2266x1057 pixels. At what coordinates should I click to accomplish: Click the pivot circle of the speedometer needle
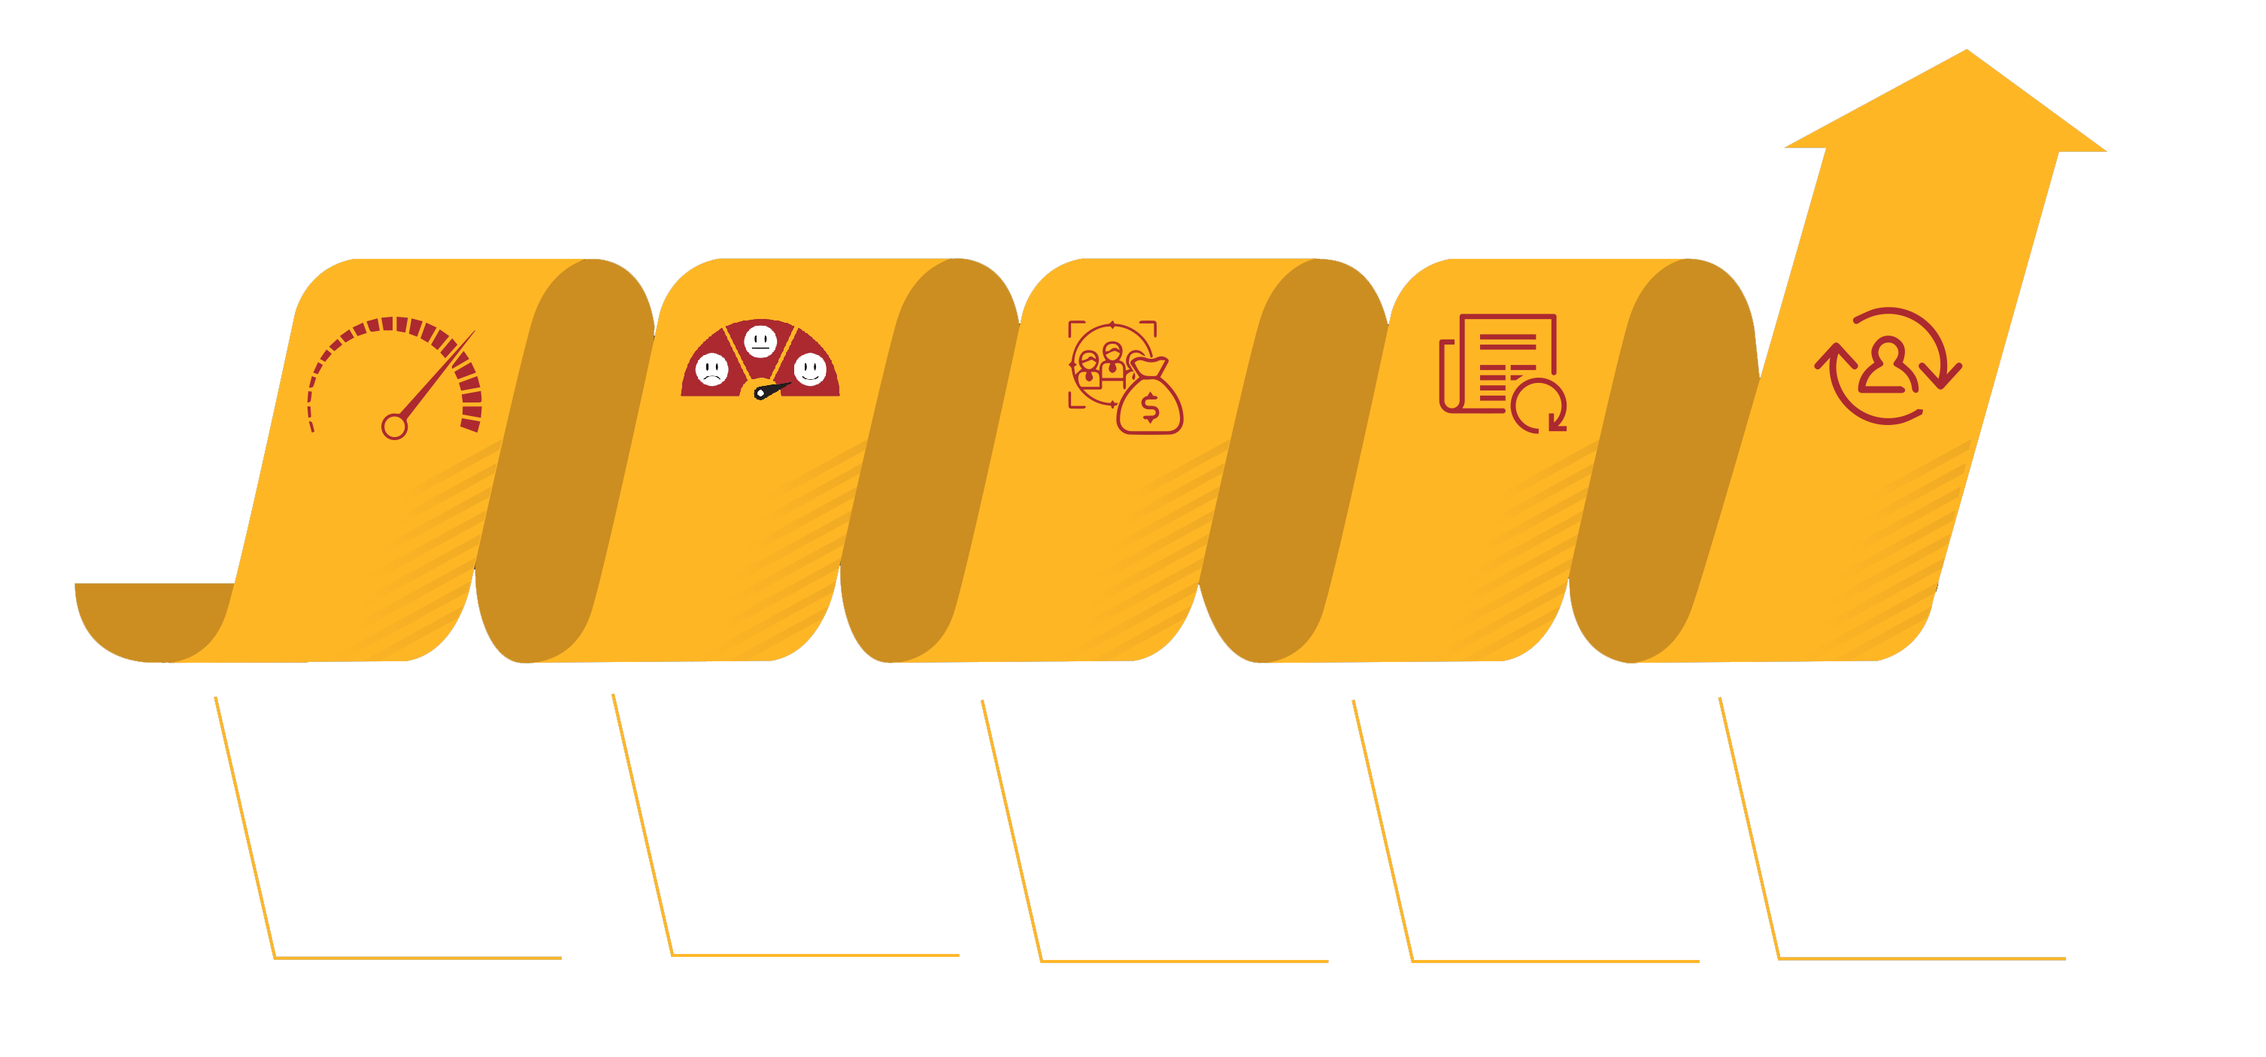[x=394, y=427]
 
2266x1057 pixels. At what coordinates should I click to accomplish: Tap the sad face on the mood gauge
[x=711, y=369]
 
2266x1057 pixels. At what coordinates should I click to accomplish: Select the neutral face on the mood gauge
[x=761, y=340]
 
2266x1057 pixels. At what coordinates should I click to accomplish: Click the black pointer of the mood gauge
[x=772, y=390]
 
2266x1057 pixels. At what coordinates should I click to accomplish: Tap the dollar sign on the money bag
[x=1150, y=408]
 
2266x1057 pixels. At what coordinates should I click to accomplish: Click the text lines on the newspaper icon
[x=1506, y=352]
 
